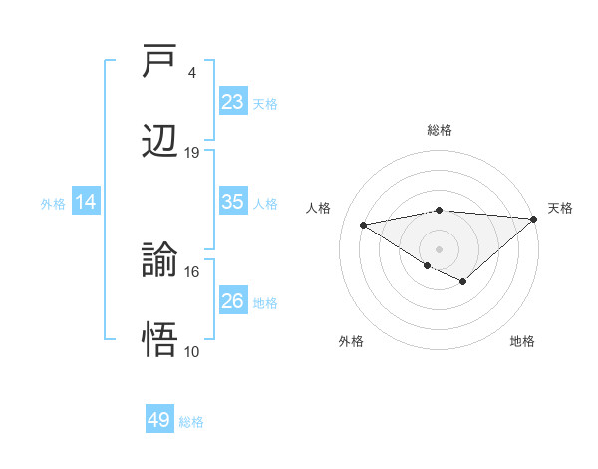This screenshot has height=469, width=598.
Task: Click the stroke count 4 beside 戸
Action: pyautogui.click(x=191, y=73)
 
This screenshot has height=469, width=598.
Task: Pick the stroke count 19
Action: pyautogui.click(x=192, y=152)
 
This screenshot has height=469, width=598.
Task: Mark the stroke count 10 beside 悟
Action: pyautogui.click(x=192, y=350)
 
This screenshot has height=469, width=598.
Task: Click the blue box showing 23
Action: pyautogui.click(x=233, y=102)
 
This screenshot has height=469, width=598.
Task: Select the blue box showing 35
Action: pyautogui.click(x=233, y=202)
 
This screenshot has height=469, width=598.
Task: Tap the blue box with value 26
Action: pyautogui.click(x=233, y=301)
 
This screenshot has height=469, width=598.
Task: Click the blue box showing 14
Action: pyautogui.click(x=86, y=202)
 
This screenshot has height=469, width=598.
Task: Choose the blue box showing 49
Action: pyautogui.click(x=159, y=420)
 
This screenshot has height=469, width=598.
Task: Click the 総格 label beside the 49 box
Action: pyautogui.click(x=191, y=422)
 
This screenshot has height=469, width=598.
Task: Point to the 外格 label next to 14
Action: pyautogui.click(x=53, y=204)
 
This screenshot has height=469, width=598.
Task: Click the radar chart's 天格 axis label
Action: pyautogui.click(x=560, y=208)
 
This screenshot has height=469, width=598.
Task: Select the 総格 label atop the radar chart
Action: pyautogui.click(x=440, y=130)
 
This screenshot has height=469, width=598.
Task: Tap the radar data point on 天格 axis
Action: pyautogui.click(x=534, y=219)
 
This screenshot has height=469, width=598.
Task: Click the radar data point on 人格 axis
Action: pyautogui.click(x=363, y=224)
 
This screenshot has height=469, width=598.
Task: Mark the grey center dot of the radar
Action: pyautogui.click(x=440, y=248)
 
